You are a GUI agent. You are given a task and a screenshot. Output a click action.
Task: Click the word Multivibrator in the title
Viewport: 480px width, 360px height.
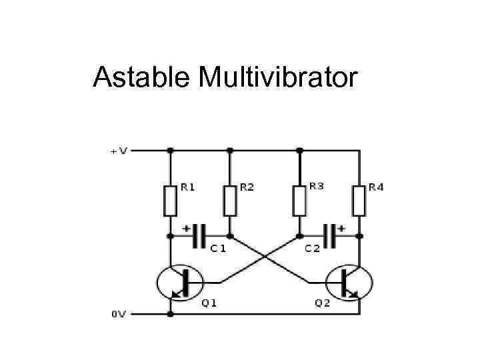tap(277, 79)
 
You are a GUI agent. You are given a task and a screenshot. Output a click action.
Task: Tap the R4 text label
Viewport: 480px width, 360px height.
tap(376, 187)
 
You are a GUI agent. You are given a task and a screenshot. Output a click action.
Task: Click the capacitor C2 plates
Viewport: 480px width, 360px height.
tap(329, 235)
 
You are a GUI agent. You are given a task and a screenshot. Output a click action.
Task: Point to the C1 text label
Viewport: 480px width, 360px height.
tap(218, 249)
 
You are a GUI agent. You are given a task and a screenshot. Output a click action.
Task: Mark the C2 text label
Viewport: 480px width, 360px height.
tap(312, 249)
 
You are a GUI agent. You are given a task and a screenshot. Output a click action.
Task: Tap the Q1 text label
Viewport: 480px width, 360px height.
tap(209, 303)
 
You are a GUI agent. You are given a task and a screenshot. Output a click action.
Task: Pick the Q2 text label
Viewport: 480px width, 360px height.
tap(322, 303)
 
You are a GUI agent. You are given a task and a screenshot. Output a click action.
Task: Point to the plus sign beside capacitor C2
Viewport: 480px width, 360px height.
tap(341, 227)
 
